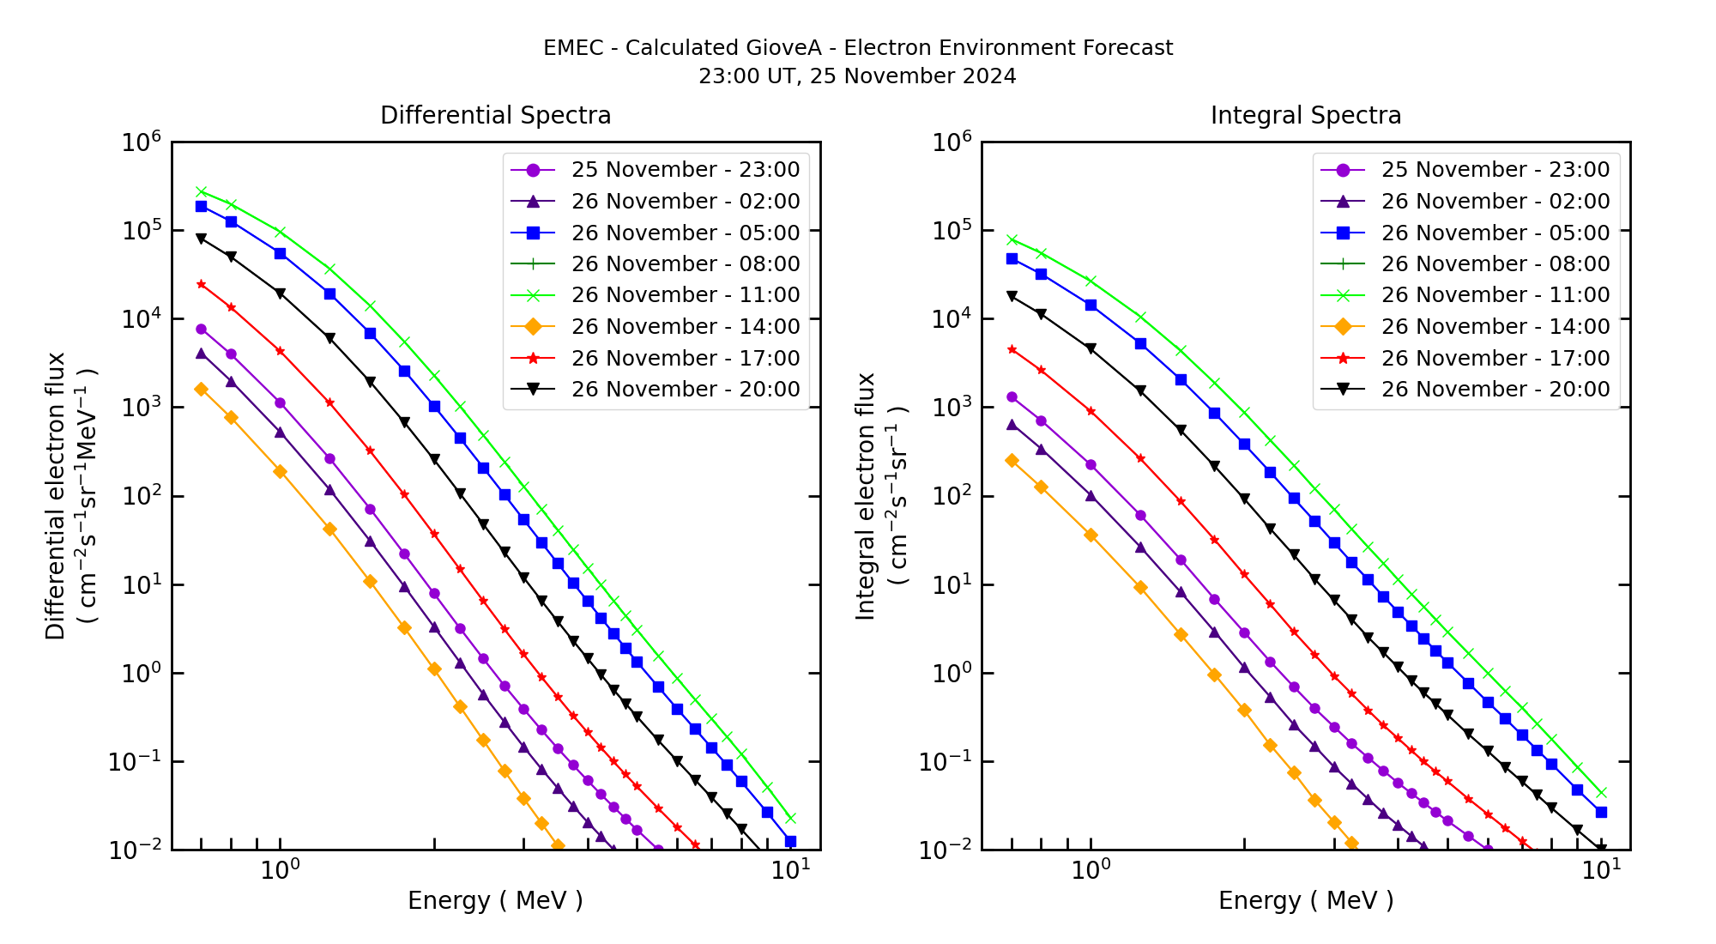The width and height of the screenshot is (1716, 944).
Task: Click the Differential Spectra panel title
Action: [x=495, y=116]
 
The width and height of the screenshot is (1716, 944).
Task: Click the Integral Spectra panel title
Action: [x=1305, y=116]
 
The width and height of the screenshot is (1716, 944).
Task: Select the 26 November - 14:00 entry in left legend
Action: [x=685, y=327]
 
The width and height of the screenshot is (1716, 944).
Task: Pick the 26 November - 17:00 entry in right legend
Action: [x=1495, y=358]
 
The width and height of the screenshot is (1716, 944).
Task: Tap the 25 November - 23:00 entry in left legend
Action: [x=685, y=170]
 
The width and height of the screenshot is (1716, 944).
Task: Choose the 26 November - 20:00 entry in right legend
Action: [x=1495, y=390]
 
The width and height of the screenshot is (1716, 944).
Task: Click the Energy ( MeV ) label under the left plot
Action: [x=495, y=900]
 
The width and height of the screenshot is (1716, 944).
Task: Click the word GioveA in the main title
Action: [x=789, y=48]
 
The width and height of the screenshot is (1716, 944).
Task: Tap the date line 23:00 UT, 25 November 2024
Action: [x=857, y=76]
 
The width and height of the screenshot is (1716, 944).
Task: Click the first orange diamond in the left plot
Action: [x=201, y=390]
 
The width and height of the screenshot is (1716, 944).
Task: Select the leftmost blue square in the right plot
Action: [x=1012, y=258]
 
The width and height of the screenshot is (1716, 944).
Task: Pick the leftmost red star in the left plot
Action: [x=201, y=284]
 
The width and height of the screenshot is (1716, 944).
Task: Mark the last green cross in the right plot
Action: [x=1601, y=793]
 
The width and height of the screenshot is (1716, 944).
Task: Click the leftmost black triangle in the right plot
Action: [x=1012, y=296]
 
